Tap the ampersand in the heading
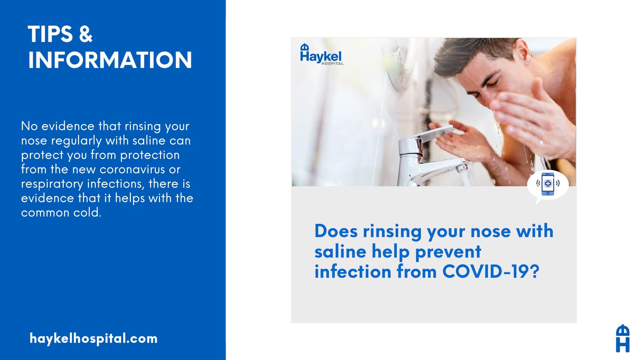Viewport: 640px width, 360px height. (85, 34)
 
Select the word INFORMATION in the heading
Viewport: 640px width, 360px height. (110, 60)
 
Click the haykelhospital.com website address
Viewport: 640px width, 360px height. (93, 339)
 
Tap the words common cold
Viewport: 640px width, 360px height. (61, 212)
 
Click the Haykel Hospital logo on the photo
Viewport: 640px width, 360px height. (321, 54)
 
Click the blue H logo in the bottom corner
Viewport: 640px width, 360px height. (623, 339)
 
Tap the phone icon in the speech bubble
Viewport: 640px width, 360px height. (548, 184)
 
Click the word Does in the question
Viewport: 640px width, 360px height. (336, 231)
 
